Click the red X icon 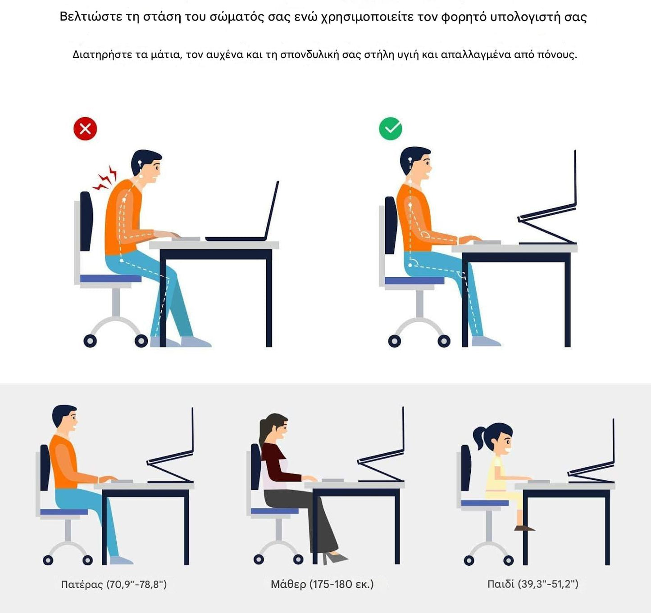click(85, 128)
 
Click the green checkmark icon click(391, 128)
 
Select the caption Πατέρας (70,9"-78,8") click(114, 584)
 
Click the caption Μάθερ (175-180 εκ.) click(322, 584)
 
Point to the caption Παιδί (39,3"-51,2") click(533, 584)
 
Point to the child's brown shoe click(524, 528)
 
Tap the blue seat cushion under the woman click(275, 511)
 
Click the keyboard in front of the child click(539, 482)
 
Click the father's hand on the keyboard click(108, 479)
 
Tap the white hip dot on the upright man click(410, 265)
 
